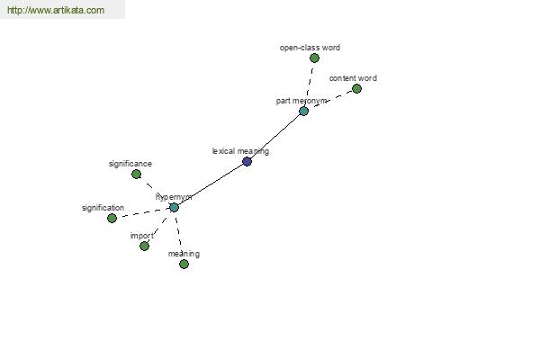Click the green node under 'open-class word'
point(314,58)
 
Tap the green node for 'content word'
point(356,88)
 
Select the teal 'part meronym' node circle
point(303,111)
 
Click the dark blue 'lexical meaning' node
point(247,162)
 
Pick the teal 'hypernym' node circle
point(174,207)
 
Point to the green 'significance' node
point(136,174)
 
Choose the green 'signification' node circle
point(112,218)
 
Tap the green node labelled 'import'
point(144,246)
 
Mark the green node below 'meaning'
point(184,264)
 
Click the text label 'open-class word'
point(310,48)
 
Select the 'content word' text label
point(353,78)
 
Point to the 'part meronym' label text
point(301,101)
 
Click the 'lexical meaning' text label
point(240,151)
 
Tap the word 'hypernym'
point(174,196)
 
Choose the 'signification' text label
point(103,208)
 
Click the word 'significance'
point(130,164)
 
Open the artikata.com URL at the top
point(55,11)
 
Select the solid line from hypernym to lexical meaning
point(210,184)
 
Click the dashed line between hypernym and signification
point(142,212)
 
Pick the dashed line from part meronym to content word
point(330,99)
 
